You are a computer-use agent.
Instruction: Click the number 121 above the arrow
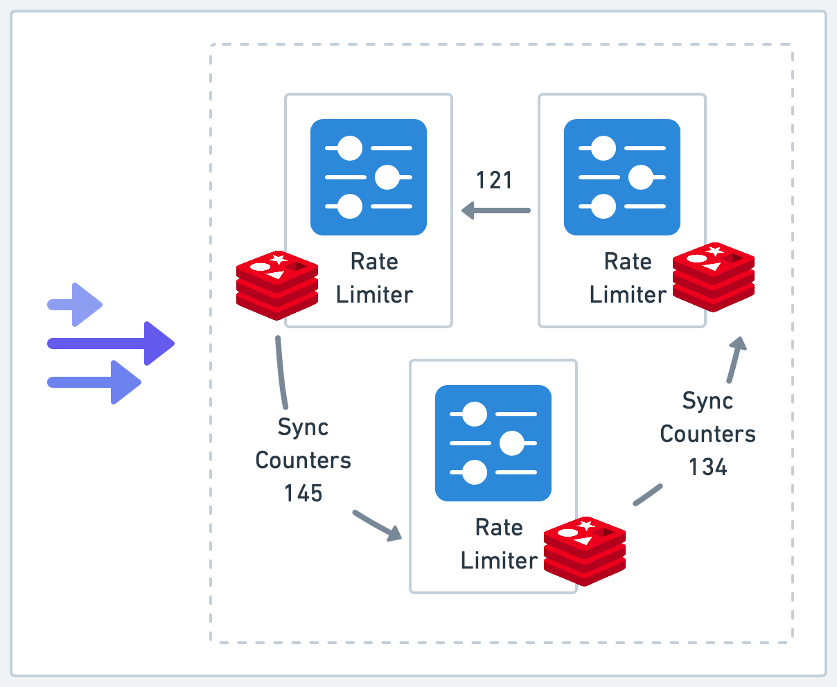(494, 180)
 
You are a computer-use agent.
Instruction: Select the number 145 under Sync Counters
(303, 493)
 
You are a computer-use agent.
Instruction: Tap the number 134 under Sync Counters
(707, 467)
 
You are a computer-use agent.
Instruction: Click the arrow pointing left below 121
(496, 210)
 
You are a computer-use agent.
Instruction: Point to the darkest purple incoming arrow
(111, 343)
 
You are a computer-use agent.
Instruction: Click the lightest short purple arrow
(76, 305)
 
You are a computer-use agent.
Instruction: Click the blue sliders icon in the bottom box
(493, 443)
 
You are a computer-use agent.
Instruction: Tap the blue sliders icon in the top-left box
(369, 177)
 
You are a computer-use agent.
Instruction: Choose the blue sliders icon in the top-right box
(622, 177)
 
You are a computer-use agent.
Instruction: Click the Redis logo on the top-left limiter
(277, 285)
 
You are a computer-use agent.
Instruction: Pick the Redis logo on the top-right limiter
(714, 276)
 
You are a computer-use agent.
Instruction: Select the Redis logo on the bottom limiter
(585, 551)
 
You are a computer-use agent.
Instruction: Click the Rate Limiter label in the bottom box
(499, 544)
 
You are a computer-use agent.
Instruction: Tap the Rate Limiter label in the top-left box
(374, 278)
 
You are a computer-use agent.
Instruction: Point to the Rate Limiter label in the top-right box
(628, 278)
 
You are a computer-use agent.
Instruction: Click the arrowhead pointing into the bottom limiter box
(394, 533)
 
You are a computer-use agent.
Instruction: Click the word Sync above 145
(303, 427)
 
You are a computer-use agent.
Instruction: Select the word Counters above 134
(707, 434)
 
